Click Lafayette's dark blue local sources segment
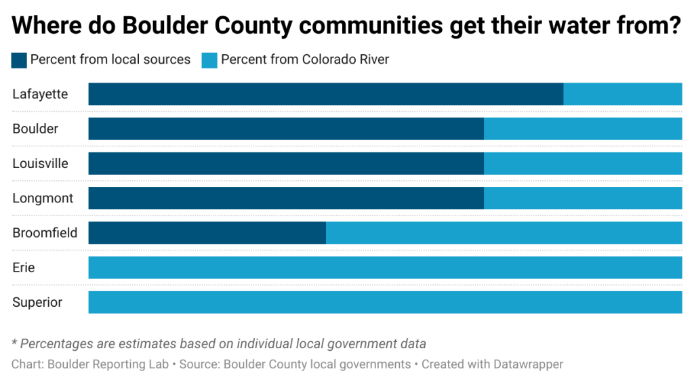click(325, 94)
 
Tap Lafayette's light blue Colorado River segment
click(622, 94)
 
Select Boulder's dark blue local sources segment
click(286, 129)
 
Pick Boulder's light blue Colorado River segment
click(583, 129)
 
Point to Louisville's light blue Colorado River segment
click(583, 163)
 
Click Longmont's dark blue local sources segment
click(286, 198)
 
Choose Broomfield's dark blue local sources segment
click(207, 232)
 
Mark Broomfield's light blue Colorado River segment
click(504, 232)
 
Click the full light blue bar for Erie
click(385, 268)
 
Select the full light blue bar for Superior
click(385, 302)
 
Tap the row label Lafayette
click(40, 94)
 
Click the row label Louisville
click(40, 163)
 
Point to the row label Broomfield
click(45, 232)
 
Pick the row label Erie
click(24, 268)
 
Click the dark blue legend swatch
click(19, 60)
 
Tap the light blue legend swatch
click(209, 60)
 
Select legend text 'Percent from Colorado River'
click(305, 60)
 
